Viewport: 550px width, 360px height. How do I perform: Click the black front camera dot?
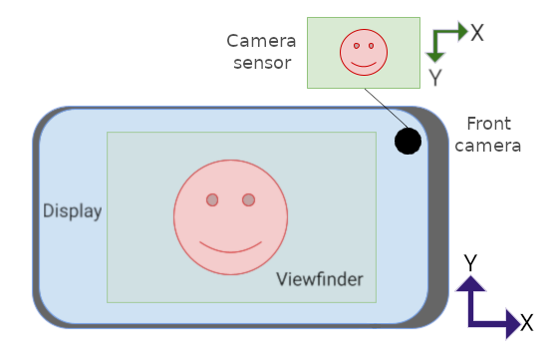pyautogui.click(x=407, y=142)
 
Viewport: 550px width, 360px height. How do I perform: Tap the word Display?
pyautogui.click(x=72, y=211)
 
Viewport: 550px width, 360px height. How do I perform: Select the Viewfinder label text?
pyautogui.click(x=319, y=278)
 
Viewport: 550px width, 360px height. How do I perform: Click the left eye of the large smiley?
pyautogui.click(x=212, y=200)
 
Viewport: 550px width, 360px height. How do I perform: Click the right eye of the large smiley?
pyautogui.click(x=248, y=200)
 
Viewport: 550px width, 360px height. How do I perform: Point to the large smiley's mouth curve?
pyautogui.click(x=230, y=247)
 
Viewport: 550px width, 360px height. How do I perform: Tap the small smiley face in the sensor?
pyautogui.click(x=362, y=52)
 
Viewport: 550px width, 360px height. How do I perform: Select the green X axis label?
pyautogui.click(x=477, y=32)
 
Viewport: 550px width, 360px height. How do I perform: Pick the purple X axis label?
pyautogui.click(x=526, y=322)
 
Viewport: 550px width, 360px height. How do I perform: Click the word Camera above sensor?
pyautogui.click(x=261, y=41)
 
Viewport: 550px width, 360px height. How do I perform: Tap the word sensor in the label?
pyautogui.click(x=261, y=63)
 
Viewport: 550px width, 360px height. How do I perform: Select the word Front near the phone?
pyautogui.click(x=488, y=124)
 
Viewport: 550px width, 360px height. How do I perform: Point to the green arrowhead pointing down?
pyautogui.click(x=435, y=55)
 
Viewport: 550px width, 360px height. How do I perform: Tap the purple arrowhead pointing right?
pyautogui.click(x=509, y=322)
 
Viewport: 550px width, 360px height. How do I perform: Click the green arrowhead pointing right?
pyautogui.click(x=461, y=31)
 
